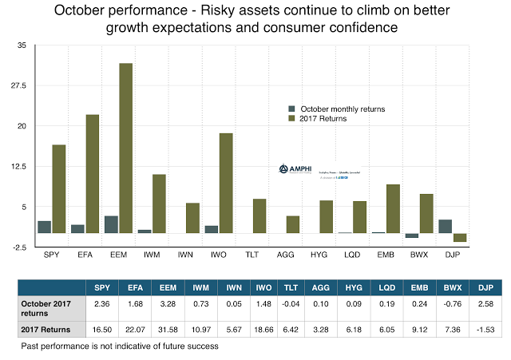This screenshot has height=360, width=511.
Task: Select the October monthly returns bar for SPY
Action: [x=44, y=227]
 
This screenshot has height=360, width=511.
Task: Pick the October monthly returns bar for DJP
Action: [x=446, y=226]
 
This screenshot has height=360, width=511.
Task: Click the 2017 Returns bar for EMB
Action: [x=393, y=208]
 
